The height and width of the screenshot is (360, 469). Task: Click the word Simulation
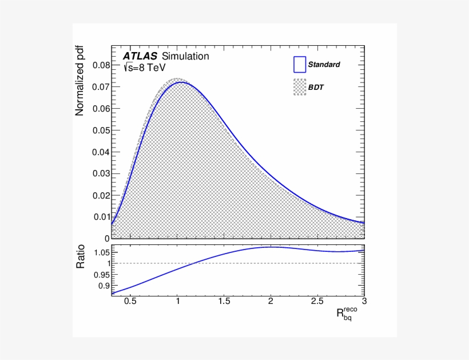pyautogui.click(x=185, y=57)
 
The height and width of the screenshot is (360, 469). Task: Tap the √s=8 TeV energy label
pyautogui.click(x=145, y=68)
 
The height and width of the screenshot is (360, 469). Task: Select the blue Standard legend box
pyautogui.click(x=300, y=64)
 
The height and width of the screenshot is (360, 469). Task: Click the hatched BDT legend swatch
pyautogui.click(x=300, y=87)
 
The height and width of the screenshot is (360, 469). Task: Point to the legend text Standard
pyautogui.click(x=324, y=65)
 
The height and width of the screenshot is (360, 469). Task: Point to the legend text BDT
pyautogui.click(x=316, y=87)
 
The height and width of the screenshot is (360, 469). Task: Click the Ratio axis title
pyautogui.click(x=81, y=257)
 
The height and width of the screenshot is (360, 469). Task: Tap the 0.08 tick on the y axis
pyautogui.click(x=101, y=65)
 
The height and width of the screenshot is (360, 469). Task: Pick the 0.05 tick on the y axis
pyautogui.click(x=101, y=130)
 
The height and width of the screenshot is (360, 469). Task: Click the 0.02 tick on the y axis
pyautogui.click(x=101, y=195)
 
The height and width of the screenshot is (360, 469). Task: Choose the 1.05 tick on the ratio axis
pyautogui.click(x=101, y=252)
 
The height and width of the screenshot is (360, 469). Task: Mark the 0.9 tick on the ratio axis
pyautogui.click(x=103, y=286)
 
